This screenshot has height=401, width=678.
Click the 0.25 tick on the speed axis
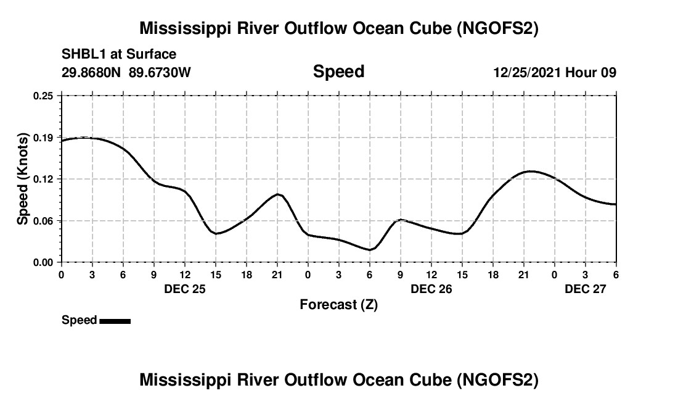click(44, 96)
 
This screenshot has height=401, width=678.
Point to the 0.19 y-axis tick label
click(44, 137)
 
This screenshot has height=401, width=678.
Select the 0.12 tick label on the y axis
click(44, 179)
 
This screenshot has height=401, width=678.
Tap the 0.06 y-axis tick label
click(44, 221)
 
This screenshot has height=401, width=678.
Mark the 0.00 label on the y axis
click(44, 263)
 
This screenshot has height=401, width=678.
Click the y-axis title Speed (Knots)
click(23, 179)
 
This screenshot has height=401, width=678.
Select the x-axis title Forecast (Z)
click(338, 305)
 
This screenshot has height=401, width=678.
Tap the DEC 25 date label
click(185, 289)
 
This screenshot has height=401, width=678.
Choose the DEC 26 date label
click(431, 289)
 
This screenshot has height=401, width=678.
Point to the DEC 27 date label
click(586, 289)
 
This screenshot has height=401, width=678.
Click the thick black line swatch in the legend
click(115, 321)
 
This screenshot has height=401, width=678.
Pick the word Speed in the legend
click(80, 320)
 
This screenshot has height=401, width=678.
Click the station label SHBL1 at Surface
click(119, 54)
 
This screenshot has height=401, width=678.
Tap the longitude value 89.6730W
click(160, 73)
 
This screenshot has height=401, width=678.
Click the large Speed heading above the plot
click(338, 72)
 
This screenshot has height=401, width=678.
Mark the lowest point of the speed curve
click(369, 250)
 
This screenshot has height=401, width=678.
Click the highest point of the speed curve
click(85, 138)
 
